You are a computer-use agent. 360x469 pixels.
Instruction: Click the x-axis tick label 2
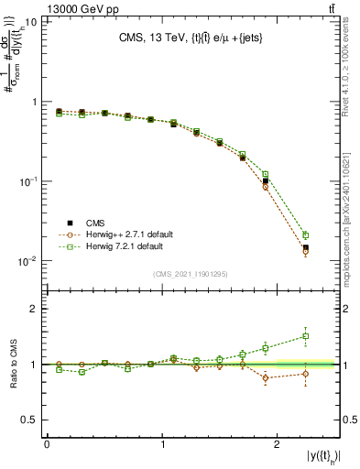279,444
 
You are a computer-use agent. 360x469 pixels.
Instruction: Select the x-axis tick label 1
163,444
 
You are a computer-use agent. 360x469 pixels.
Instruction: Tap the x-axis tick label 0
47,444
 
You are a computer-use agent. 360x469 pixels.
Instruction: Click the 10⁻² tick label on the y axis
27,262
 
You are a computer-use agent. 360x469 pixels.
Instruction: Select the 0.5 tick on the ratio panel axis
30,420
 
